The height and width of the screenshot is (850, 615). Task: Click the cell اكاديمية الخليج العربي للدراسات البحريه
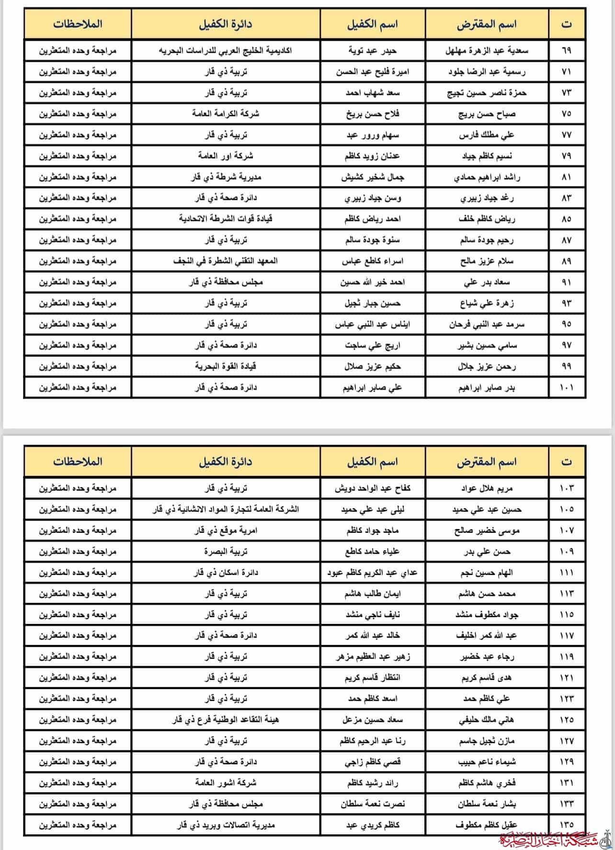point(226,50)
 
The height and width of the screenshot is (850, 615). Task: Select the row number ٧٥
point(566,114)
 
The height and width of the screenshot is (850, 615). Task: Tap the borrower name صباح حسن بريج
point(486,114)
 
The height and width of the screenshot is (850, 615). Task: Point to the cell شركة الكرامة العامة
point(226,114)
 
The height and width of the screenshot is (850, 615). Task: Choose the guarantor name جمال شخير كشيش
point(372,177)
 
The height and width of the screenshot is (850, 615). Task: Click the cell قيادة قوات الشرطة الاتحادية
point(226,219)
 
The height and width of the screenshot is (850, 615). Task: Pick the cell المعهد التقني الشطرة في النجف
point(226,261)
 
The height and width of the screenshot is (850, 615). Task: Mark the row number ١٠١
point(566,387)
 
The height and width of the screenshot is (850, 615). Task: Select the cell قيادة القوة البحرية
point(226,367)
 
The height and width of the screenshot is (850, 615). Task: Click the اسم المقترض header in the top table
point(486,24)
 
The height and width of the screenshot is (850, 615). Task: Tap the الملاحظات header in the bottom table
point(78,461)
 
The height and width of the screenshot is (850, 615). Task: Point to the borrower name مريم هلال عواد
point(486,488)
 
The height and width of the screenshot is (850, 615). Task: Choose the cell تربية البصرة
point(226,551)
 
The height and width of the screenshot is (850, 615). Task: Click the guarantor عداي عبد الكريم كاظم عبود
point(372,573)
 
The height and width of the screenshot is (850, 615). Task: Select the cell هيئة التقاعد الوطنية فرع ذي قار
point(226,720)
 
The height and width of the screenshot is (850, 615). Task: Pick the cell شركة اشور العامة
point(226,783)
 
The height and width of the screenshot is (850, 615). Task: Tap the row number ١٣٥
point(566,825)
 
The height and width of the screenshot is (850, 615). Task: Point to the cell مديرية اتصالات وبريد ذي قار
point(226,825)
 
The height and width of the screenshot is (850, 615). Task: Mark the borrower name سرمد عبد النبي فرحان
point(486,324)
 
